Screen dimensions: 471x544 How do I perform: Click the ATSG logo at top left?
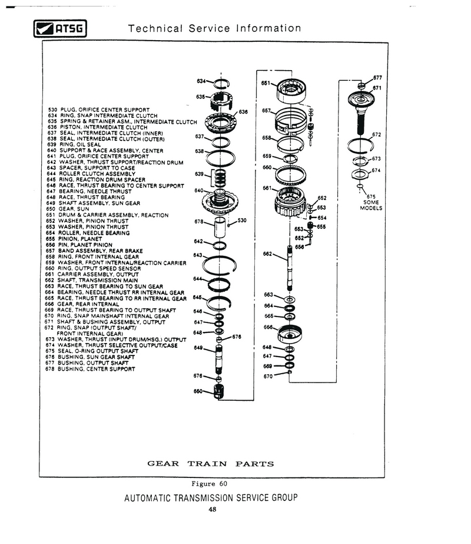tap(60, 28)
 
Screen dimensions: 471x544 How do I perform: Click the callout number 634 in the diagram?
tap(201, 81)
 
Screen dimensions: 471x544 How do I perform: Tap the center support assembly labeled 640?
tap(220, 200)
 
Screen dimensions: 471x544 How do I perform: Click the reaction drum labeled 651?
tap(291, 89)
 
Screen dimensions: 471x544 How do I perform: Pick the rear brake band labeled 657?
tap(290, 120)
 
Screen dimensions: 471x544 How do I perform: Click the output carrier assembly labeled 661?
tap(290, 202)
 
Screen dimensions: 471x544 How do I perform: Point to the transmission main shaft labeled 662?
tap(290, 268)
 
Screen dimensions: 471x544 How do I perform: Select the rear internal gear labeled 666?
tap(290, 334)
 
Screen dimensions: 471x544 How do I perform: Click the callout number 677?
tap(377, 78)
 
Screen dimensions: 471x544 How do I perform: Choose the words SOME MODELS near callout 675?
tap(371, 205)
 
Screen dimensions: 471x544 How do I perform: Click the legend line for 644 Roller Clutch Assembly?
tap(91, 174)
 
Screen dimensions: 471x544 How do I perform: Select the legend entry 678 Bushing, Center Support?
tap(90, 369)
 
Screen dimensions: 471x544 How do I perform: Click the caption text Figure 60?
tap(210, 484)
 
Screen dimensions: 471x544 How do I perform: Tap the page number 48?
tap(213, 509)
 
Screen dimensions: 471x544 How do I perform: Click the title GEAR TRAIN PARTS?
tap(210, 464)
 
